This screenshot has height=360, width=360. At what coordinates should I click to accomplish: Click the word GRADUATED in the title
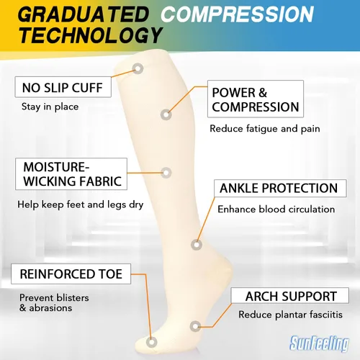coord(84,14)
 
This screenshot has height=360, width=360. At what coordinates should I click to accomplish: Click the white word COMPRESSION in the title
coord(237,14)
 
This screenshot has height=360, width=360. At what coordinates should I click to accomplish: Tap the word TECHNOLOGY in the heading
coord(91,35)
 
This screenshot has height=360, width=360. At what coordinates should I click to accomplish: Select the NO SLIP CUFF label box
coord(63,87)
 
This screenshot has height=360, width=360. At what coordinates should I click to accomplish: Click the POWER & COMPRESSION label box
coord(256,99)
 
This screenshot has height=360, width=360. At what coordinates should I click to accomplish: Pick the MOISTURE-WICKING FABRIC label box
coord(71,174)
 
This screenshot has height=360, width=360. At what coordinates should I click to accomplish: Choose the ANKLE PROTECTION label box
coord(280,188)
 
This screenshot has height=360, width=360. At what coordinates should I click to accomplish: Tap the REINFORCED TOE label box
coord(71,274)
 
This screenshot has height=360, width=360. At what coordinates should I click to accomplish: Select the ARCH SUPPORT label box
coord(289,296)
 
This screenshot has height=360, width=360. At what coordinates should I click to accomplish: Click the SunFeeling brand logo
coord(320,343)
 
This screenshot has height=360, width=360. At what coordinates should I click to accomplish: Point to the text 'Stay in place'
coord(50,107)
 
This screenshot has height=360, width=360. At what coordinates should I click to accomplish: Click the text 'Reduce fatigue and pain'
coord(265,129)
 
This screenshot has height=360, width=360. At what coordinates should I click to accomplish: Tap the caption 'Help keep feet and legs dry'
coord(81,205)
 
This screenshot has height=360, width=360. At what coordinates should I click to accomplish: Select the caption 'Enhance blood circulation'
coord(276,210)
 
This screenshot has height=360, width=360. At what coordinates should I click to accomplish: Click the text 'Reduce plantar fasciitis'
coord(290,315)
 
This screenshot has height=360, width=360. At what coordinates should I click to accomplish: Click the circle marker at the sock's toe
coord(151,342)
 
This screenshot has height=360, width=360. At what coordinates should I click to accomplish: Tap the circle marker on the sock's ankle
coord(197,245)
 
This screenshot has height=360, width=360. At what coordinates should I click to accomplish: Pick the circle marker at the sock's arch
coord(196,326)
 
